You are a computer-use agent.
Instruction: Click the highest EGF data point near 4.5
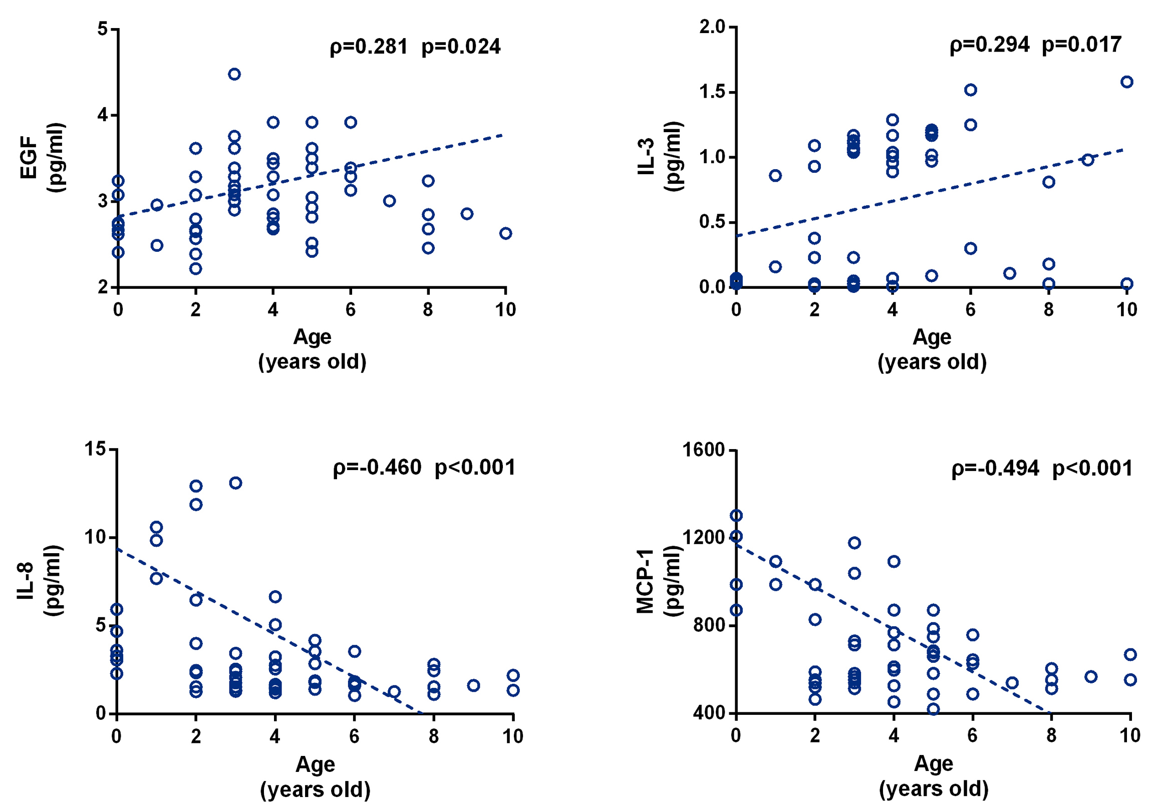pos(234,75)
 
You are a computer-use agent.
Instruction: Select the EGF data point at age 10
pos(505,233)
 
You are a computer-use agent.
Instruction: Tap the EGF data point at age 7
pos(389,201)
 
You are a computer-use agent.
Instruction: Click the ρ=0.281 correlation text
pos(368,47)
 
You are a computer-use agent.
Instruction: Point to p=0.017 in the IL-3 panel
pos(1081,45)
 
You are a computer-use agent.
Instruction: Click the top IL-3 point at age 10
pos(1127,82)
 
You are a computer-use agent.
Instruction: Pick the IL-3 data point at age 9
pos(1088,160)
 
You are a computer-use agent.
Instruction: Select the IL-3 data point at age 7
pos(1009,274)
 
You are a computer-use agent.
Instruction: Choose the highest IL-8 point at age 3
pos(235,483)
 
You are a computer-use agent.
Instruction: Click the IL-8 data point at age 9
pos(473,685)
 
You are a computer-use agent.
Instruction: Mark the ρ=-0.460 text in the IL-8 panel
pos(377,468)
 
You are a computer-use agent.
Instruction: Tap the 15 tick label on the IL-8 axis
pos(95,449)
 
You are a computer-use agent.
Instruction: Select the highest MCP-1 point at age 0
pos(736,516)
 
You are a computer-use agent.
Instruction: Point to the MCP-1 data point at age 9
pos(1091,677)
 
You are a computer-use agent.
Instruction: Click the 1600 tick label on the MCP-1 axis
pos(703,450)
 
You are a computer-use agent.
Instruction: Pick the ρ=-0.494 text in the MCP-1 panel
pos(995,469)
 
